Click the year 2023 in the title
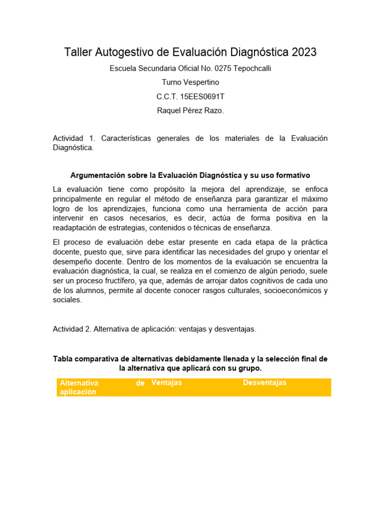pyautogui.click(x=304, y=52)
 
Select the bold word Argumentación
pyautogui.click(x=96, y=175)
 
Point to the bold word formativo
pyautogui.click(x=291, y=175)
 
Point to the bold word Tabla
pyautogui.click(x=63, y=359)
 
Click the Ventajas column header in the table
pyautogui.click(x=167, y=382)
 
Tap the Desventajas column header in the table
pyautogui.click(x=264, y=382)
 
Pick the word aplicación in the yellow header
pyautogui.click(x=78, y=392)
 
